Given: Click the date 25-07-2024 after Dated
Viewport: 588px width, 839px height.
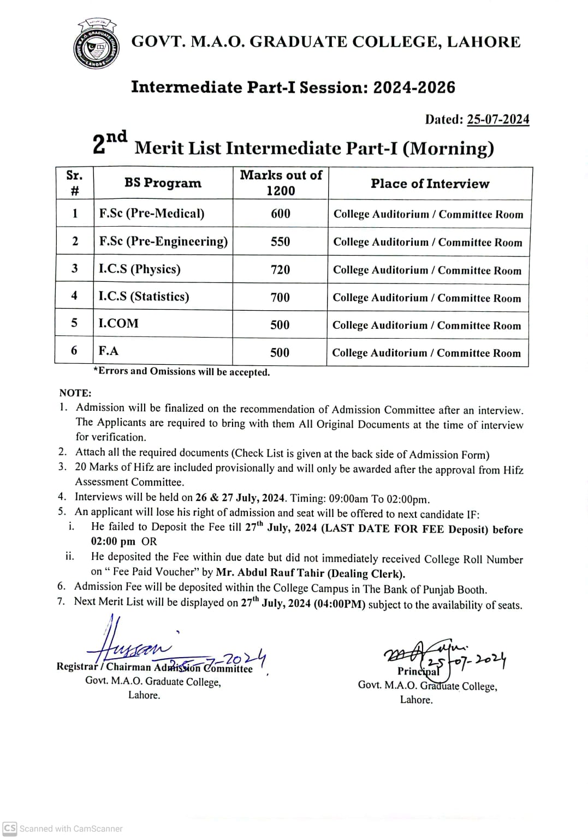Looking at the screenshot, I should coord(498,120).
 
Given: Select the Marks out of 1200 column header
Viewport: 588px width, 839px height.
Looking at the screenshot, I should coord(281,183).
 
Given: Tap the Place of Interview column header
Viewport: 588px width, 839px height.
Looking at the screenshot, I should coord(430,184).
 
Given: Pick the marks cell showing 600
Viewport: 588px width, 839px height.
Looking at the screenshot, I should coord(281,214).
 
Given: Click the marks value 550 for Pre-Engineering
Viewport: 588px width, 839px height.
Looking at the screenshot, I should coord(281,241).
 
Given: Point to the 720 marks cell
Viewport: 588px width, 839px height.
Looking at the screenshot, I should coord(281,269).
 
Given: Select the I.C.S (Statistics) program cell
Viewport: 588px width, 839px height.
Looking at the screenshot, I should coord(144,297).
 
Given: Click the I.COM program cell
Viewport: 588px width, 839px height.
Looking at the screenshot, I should coord(118,323).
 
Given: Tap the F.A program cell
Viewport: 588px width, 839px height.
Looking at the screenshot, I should coord(109,351).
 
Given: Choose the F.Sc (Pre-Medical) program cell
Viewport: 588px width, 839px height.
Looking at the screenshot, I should coord(152,213).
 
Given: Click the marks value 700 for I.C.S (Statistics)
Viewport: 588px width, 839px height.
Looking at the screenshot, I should coord(280,297).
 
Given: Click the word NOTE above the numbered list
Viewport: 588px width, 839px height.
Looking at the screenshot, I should coord(75,393).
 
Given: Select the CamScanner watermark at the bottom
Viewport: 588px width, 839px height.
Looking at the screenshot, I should coord(63,829).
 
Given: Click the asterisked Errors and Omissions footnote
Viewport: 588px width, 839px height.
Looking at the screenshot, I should coord(182,372).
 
